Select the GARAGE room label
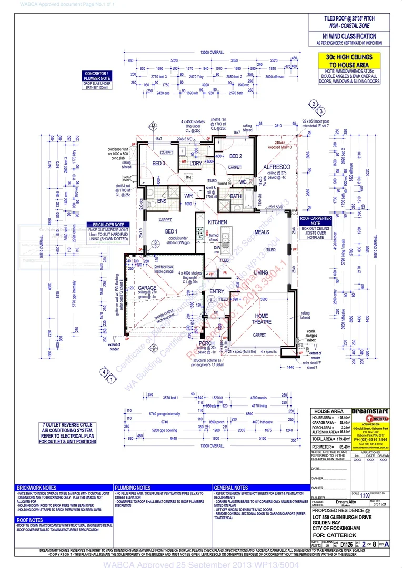click(147, 288)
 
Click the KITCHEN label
click(217, 222)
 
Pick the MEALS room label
click(262, 232)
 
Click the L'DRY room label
click(196, 164)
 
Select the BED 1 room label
click(172, 232)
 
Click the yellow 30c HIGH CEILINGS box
click(345, 60)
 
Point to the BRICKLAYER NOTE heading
click(109, 224)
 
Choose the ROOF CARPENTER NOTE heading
click(316, 220)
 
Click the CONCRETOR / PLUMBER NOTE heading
click(98, 76)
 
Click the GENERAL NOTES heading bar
click(232, 488)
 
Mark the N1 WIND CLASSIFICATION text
click(349, 36)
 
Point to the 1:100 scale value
click(365, 495)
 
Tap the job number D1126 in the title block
click(346, 544)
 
